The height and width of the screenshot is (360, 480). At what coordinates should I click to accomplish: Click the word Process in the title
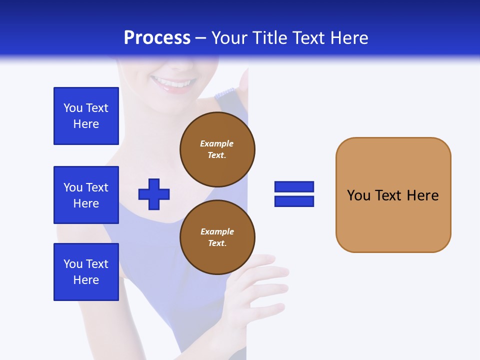point(157,38)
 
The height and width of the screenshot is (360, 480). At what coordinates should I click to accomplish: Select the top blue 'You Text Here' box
point(86,116)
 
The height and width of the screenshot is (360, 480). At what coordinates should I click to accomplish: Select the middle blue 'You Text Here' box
point(86,195)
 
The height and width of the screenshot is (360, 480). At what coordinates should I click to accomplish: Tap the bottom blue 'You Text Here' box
point(86,272)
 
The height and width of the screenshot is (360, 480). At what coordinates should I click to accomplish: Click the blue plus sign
point(154,194)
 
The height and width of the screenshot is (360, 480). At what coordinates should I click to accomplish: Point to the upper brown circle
point(217,149)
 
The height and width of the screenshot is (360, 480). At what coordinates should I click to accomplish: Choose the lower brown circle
point(217,237)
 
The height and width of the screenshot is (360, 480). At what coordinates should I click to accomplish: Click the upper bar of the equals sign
point(294,186)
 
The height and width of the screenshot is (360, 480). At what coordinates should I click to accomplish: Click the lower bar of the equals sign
point(294,201)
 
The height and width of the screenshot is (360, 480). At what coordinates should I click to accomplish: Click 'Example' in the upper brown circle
point(217,143)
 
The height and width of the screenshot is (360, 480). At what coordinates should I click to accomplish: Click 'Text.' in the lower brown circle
point(217,243)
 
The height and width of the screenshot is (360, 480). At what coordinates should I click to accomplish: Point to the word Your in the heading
point(228,38)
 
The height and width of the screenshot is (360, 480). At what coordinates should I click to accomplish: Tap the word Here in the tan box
point(422,195)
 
